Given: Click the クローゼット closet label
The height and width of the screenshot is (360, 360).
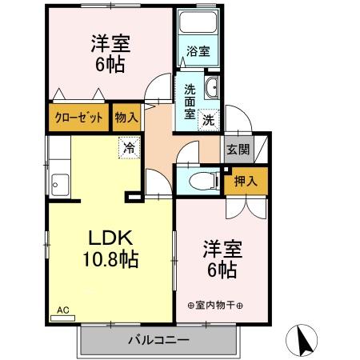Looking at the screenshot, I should pos(78,118).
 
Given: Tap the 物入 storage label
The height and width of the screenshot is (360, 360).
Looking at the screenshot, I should pos(126,118).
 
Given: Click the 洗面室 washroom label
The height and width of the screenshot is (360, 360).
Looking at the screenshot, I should pos(189,101).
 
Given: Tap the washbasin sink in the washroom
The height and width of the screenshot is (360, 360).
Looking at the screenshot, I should pos(213,88).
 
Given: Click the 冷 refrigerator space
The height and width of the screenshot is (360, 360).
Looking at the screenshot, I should pos(128,147).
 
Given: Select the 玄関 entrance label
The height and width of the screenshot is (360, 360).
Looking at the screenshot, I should pos(238,149).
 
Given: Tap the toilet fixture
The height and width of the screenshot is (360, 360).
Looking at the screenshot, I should pos(206,180).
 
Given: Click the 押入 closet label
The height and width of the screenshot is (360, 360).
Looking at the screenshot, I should pos(245,182).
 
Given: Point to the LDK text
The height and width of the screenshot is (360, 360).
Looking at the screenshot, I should pos(109,237).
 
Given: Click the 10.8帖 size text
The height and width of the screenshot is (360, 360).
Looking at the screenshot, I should pos(109,259).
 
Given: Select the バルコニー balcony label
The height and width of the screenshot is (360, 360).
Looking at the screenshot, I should pos(158,340).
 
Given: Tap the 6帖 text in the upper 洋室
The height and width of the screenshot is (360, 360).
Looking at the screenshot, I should pos(110,65).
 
